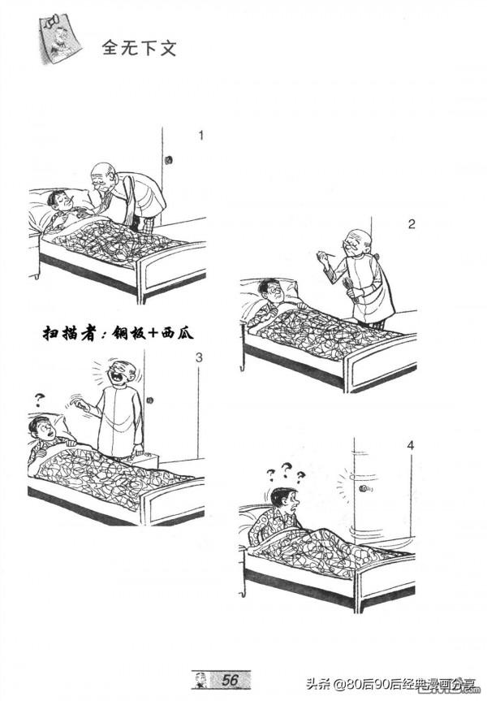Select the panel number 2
(412, 224)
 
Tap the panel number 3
(200, 357)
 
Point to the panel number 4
(411, 444)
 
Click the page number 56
(230, 679)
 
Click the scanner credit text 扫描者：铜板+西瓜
(119, 333)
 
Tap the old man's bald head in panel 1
(102, 172)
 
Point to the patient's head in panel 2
(270, 290)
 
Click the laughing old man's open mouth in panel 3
(121, 379)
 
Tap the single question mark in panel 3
(37, 399)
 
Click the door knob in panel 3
(152, 400)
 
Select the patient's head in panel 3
(41, 428)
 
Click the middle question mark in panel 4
(286, 467)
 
